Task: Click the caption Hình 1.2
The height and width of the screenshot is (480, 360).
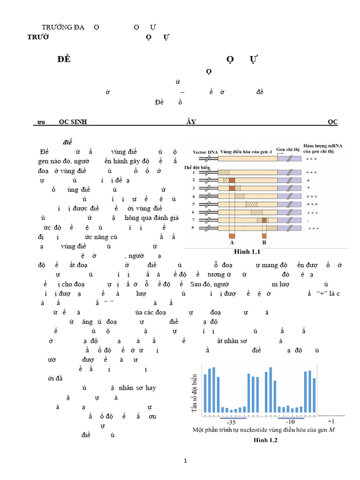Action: (x=266, y=440)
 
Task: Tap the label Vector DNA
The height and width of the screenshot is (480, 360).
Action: (x=205, y=152)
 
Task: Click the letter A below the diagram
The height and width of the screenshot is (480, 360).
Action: (x=232, y=243)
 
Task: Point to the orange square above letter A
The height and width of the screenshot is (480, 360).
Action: (x=232, y=235)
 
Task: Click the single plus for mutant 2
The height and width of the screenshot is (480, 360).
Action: (x=308, y=180)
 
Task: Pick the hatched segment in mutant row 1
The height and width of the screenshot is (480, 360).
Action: (x=224, y=172)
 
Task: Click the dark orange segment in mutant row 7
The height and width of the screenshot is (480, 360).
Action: (x=264, y=220)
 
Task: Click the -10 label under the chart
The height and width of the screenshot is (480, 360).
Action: (x=291, y=422)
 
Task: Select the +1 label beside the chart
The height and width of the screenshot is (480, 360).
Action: (x=330, y=421)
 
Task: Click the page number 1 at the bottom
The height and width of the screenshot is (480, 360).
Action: (x=185, y=461)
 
